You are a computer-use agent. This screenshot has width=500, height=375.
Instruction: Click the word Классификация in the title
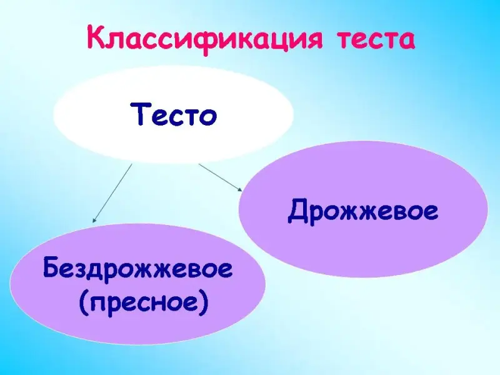(204, 40)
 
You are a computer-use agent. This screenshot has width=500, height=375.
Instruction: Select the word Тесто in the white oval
(174, 114)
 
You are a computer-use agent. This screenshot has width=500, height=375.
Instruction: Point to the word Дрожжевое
(363, 211)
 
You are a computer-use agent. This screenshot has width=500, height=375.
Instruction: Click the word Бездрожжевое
(137, 269)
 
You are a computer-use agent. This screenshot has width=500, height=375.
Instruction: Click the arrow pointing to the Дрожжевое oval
(221, 177)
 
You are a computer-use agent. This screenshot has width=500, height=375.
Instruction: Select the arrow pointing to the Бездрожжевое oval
(112, 193)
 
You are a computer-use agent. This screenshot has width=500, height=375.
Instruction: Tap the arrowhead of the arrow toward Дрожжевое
(240, 189)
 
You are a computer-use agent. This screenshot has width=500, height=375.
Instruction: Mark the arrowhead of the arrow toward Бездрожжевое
(94, 220)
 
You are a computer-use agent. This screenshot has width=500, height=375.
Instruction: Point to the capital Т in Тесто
(139, 114)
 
